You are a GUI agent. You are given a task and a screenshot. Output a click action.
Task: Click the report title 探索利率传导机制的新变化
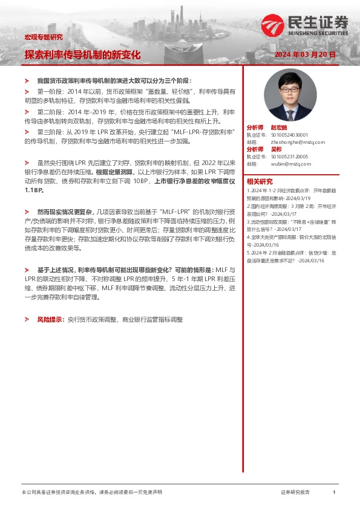point(82,54)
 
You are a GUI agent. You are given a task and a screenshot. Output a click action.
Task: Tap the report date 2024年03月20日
point(304,54)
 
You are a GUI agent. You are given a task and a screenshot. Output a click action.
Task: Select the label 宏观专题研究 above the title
point(43,37)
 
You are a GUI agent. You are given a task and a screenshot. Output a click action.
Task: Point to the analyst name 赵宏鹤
point(279,128)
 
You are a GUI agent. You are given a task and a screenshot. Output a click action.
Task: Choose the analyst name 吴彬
point(276,149)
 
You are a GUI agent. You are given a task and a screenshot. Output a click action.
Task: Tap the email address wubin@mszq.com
point(291,163)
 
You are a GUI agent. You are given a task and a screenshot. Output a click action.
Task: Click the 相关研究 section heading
point(260,181)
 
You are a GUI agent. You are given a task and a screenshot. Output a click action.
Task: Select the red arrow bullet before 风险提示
point(27,318)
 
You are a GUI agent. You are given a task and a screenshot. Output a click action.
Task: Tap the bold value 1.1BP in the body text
point(34,190)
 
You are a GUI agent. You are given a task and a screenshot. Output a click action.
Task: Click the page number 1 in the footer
point(334,493)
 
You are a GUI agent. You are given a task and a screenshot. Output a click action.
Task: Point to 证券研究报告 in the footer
point(295,493)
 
